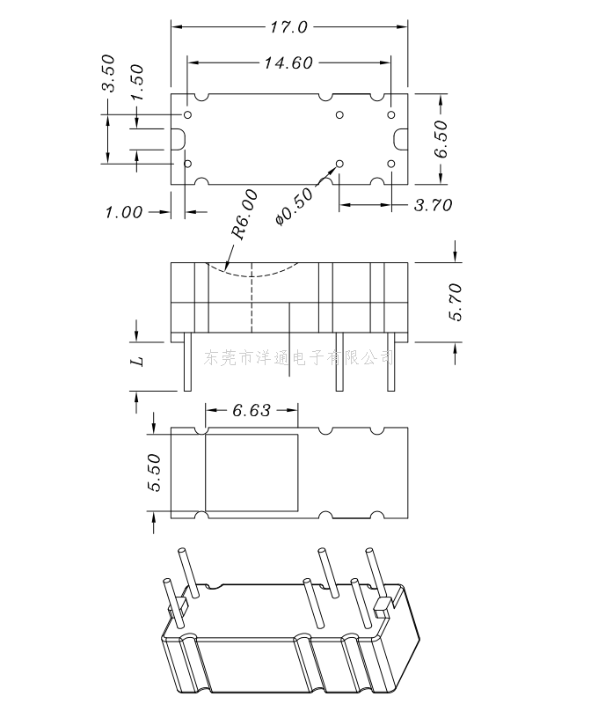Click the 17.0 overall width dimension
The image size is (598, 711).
tap(288, 26)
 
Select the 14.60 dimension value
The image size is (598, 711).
tap(288, 62)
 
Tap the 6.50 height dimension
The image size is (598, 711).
tap(441, 139)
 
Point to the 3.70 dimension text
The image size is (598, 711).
tap(433, 205)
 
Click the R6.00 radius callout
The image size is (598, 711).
tap(244, 214)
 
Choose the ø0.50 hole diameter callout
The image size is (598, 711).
tap(294, 206)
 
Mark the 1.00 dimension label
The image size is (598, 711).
tap(124, 212)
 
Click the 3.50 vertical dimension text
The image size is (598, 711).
tap(108, 73)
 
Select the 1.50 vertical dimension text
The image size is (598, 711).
tap(136, 82)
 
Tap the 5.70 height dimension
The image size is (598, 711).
tap(456, 302)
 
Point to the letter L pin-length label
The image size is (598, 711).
tap(137, 361)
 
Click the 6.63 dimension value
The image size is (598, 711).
tap(252, 410)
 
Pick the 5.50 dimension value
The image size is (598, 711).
tap(154, 473)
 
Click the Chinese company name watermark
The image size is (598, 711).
tap(299, 358)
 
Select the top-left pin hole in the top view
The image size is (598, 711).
tap(187, 114)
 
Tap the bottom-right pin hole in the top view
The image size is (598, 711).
tap(391, 164)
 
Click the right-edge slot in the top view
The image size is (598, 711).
tap(400, 139)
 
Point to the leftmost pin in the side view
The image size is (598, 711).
tap(187, 362)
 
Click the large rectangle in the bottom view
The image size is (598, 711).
tap(252, 473)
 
